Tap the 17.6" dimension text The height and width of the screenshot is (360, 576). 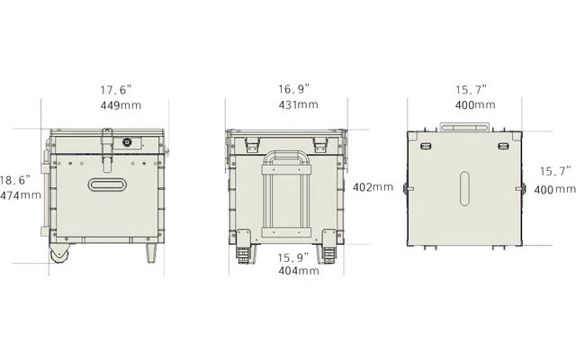[x=116, y=90]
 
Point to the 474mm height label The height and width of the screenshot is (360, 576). [x=20, y=194]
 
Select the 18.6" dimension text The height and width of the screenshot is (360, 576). [x=17, y=179]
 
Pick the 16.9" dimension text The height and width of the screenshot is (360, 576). [x=293, y=89]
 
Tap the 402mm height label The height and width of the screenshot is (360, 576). [x=373, y=187]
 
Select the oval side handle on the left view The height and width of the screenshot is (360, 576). [x=110, y=184]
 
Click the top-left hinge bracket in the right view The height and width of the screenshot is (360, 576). [x=426, y=145]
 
